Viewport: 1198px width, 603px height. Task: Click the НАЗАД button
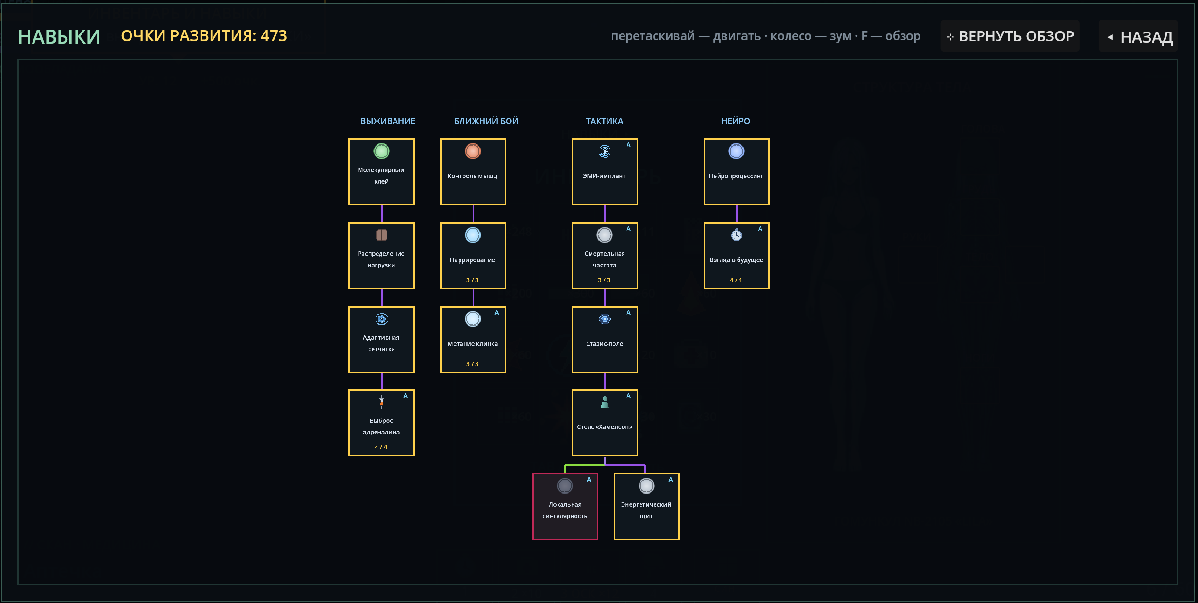click(x=1138, y=36)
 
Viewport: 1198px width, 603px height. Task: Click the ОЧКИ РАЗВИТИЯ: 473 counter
click(x=204, y=36)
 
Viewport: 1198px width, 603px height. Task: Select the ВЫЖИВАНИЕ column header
click(x=388, y=121)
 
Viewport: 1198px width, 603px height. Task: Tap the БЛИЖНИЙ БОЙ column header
click(x=486, y=121)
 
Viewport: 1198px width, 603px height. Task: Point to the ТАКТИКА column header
click(x=604, y=121)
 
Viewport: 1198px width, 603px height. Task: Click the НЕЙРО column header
click(x=736, y=121)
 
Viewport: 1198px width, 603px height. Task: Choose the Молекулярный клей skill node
click(x=381, y=172)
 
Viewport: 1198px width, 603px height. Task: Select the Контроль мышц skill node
click(x=473, y=172)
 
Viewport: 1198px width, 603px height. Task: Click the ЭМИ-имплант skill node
click(x=605, y=172)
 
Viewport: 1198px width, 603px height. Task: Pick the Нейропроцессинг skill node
click(x=737, y=172)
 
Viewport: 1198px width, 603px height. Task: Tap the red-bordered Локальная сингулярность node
click(x=565, y=506)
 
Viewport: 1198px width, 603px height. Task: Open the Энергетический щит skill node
click(x=647, y=506)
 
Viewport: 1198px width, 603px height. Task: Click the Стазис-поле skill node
click(x=605, y=339)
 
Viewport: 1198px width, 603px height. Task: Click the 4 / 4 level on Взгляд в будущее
click(x=736, y=280)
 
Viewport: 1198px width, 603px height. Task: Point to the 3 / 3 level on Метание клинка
click(x=473, y=364)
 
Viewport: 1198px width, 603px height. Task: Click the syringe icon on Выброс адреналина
click(x=381, y=402)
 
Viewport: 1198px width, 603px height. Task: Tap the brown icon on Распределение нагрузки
click(x=382, y=235)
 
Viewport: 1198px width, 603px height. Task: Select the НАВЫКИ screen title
click(x=59, y=37)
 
